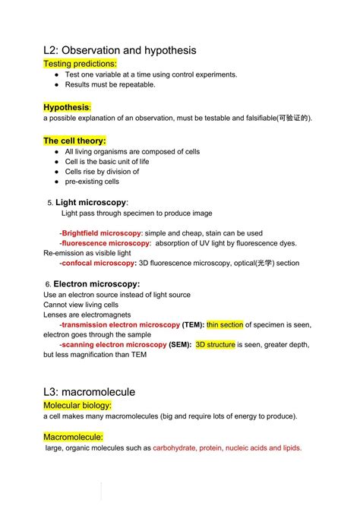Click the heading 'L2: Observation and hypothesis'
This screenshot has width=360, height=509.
pos(120,50)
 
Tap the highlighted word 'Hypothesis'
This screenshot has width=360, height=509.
pos(66,107)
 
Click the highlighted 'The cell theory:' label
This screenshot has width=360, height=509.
pos(74,141)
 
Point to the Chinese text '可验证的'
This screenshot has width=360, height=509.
pos(293,119)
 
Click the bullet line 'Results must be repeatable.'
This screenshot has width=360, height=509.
pos(110,84)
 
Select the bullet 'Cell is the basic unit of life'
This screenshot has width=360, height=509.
pos(107,162)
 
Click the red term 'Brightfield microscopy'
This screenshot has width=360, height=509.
pos(102,232)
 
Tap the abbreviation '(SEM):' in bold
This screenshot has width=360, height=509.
pos(180,344)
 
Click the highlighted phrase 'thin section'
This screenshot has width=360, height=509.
pos(225,324)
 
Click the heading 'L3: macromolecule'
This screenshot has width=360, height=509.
pos(90,392)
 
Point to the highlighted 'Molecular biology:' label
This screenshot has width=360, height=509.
pos(78,406)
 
